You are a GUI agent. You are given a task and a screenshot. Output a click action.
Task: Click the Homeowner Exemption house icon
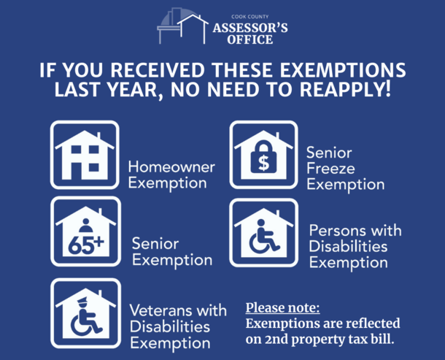click(x=85, y=155)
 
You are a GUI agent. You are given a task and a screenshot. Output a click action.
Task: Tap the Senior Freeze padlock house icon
click(x=263, y=155)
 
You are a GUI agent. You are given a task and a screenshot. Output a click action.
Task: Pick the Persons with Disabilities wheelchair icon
click(x=263, y=232)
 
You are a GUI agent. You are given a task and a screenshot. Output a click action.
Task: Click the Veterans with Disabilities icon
click(x=85, y=312)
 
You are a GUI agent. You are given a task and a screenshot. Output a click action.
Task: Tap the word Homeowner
click(x=171, y=166)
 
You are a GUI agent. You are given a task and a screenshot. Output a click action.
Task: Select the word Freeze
click(x=330, y=169)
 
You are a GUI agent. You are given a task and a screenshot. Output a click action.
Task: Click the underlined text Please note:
click(x=282, y=307)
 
